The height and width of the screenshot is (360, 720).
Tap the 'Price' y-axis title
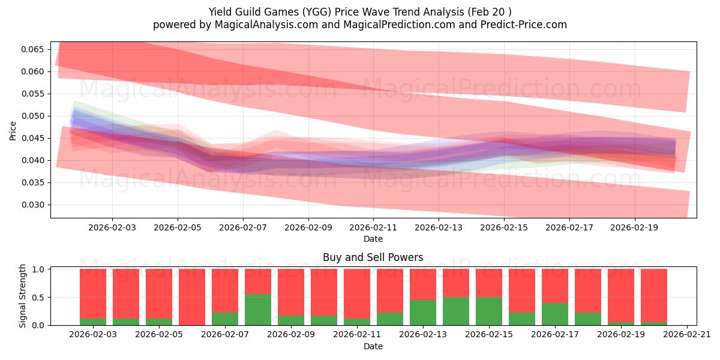[x=13, y=130]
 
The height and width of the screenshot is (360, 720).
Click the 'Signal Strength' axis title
[x=22, y=296]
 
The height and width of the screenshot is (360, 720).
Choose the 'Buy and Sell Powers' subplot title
[x=373, y=257]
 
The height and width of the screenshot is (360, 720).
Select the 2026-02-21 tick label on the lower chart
[x=686, y=335]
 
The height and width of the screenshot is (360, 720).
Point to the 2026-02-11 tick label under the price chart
[x=374, y=228]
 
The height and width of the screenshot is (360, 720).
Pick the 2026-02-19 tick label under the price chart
[x=635, y=228]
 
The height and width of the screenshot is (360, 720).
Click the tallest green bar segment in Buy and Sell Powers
[x=258, y=310]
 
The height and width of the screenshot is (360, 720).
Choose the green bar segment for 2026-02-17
[x=555, y=314]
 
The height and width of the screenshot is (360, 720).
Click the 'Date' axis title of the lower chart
[x=373, y=346]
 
